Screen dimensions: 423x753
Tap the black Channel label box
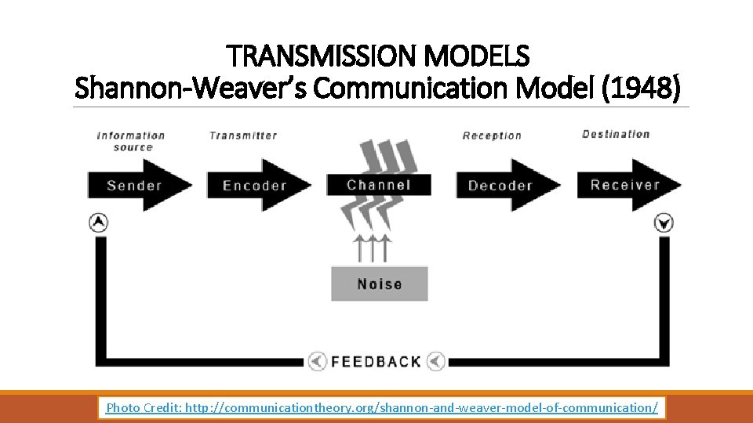[379, 185]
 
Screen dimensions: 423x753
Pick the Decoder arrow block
[502, 186]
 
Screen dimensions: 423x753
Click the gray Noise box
[380, 284]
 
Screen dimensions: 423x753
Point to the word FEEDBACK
[376, 361]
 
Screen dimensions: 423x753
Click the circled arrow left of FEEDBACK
[317, 361]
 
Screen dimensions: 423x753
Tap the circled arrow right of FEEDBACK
[435, 361]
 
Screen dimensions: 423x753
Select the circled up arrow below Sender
[98, 222]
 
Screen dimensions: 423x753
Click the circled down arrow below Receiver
[664, 223]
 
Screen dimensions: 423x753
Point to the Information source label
[131, 141]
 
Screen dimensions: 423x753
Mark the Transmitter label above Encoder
[243, 136]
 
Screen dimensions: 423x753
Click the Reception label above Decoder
[492, 136]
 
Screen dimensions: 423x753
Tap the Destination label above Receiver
[616, 134]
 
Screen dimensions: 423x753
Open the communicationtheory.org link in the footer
[421, 407]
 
